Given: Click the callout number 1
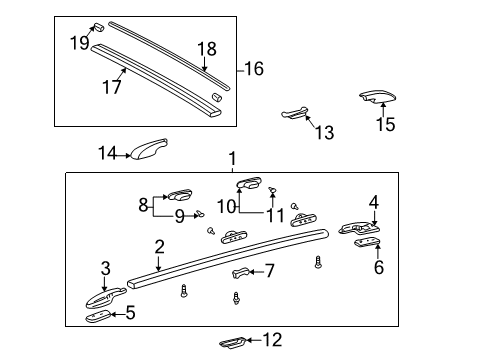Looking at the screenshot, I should [232, 159].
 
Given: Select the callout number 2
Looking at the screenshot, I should [159, 247].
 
